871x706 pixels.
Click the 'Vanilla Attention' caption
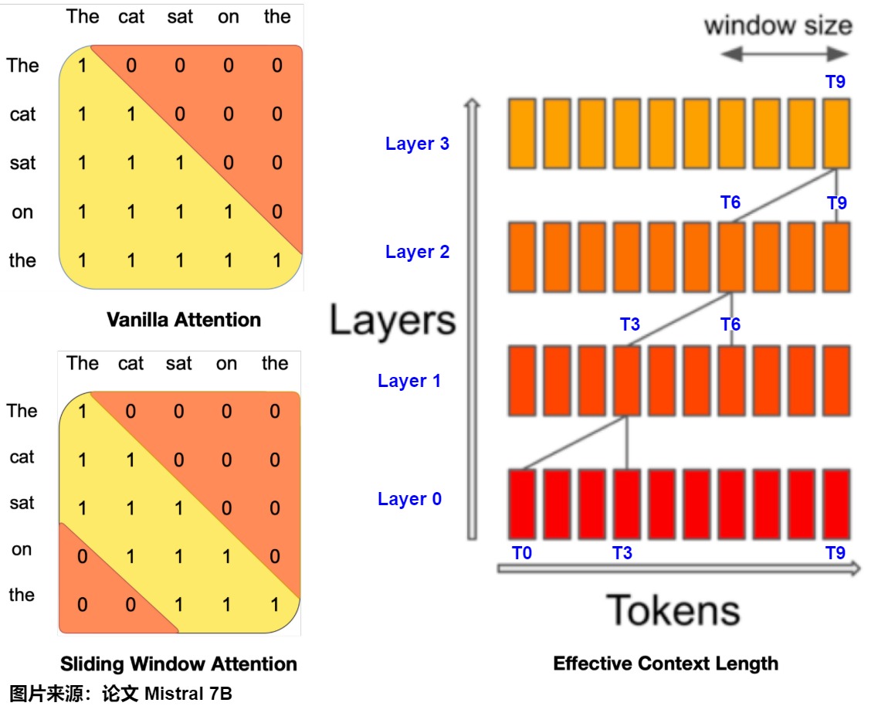click(x=184, y=319)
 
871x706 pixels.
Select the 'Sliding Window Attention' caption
click(x=178, y=664)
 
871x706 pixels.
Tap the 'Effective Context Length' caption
click(x=666, y=663)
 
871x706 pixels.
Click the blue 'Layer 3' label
click(x=417, y=144)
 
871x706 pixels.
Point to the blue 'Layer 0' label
click(x=409, y=499)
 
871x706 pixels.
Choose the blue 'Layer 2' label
click(x=417, y=252)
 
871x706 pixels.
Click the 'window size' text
click(x=778, y=25)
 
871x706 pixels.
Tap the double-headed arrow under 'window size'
click(x=785, y=53)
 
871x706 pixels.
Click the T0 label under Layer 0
click(x=522, y=553)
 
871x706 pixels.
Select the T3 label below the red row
click(x=622, y=553)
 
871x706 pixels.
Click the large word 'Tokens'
click(x=673, y=610)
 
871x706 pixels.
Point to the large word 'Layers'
click(x=392, y=320)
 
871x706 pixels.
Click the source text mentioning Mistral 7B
click(x=120, y=693)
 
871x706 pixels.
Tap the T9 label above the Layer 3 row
click(x=835, y=83)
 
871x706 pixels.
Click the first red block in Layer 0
click(x=522, y=504)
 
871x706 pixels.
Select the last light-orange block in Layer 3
click(x=836, y=133)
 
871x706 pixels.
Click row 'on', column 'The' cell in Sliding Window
click(x=83, y=556)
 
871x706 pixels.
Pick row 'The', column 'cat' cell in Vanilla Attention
click(x=131, y=66)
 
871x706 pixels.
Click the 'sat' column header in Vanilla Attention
click(x=180, y=17)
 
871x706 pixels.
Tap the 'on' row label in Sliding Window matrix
click(x=22, y=549)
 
